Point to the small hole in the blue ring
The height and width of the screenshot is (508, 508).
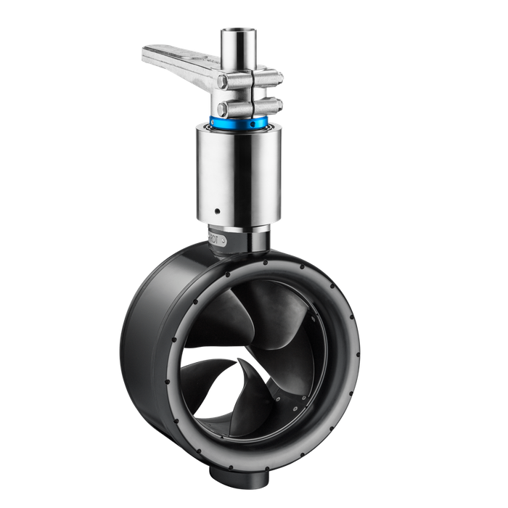(252, 124)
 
